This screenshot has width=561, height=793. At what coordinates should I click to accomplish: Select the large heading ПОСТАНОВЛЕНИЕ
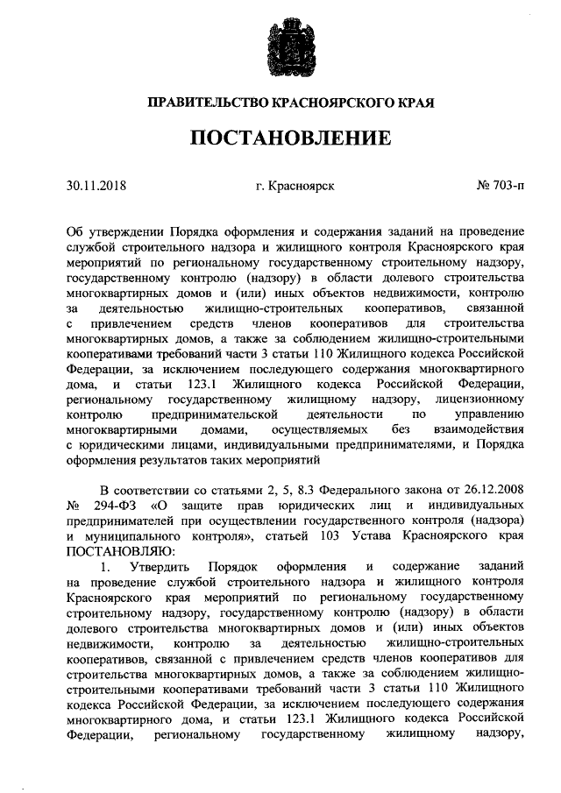(280, 138)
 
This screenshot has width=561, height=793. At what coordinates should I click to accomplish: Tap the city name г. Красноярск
(295, 186)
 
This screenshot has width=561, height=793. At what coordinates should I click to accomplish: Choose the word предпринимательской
(215, 414)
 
